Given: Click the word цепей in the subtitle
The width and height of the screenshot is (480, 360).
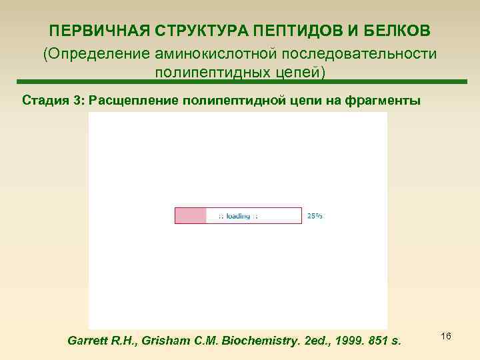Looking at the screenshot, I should point(299,71).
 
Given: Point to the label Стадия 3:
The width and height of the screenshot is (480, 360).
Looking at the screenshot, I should point(55,101).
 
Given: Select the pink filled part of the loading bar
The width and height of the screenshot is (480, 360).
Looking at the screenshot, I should point(191,215).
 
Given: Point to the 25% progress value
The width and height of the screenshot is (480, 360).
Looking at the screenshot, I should point(315,216).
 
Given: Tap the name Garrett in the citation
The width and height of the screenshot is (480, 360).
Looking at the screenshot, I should point(90,341).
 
